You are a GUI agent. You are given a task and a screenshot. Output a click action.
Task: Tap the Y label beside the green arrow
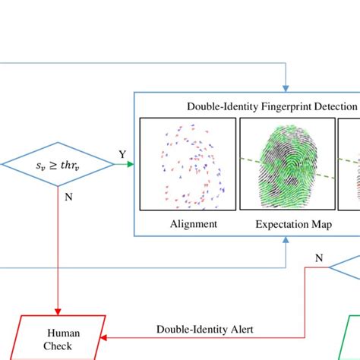coord(122,155)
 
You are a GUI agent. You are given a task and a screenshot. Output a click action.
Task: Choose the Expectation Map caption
coord(286,223)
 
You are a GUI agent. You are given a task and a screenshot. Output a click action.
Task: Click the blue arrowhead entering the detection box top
coord(286,88)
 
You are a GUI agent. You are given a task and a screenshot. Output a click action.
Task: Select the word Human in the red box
coord(64,333)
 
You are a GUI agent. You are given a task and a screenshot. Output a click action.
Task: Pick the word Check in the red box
coord(64,346)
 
